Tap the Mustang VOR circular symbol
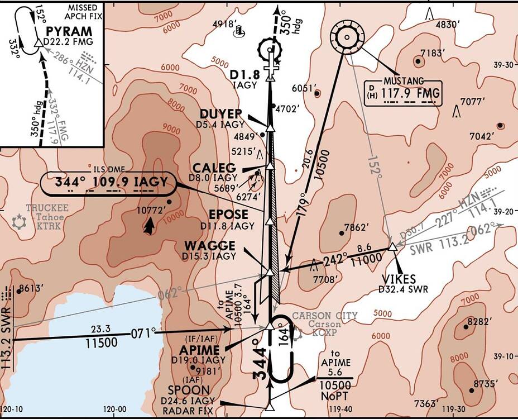click(346, 38)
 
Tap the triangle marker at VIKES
click(392, 246)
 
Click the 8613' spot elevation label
click(32, 289)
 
